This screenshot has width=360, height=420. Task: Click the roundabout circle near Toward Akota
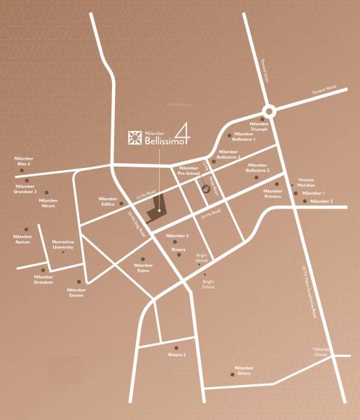269,111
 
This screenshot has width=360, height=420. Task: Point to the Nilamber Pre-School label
189,171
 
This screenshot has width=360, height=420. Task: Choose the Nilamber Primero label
272,194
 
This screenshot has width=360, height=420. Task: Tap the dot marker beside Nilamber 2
305,202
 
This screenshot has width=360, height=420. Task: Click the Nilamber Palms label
143,268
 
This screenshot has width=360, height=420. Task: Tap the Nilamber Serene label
76,292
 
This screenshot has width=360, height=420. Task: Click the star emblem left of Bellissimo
130,137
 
